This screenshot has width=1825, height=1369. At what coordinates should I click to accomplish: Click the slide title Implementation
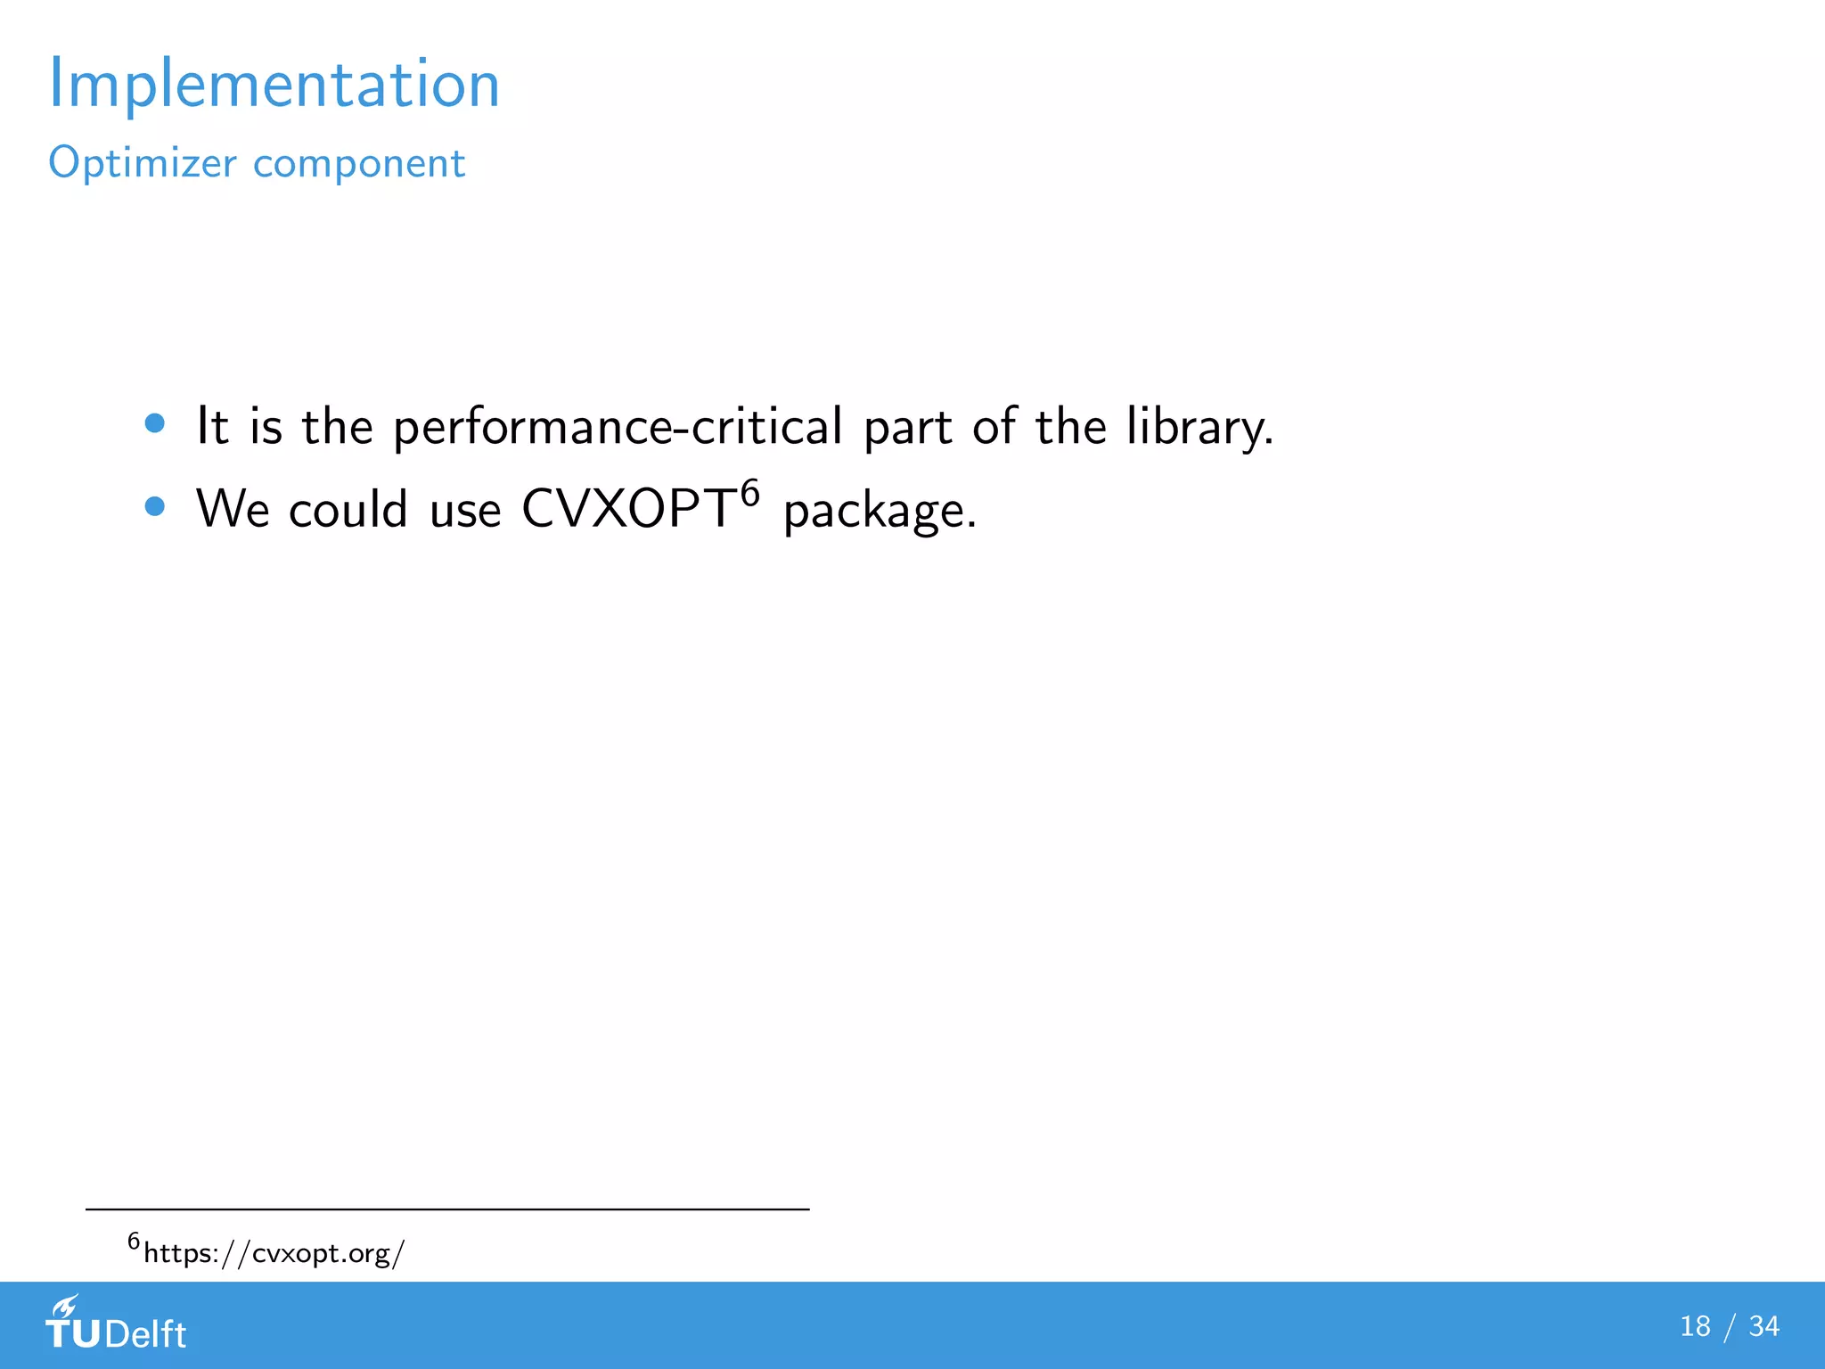click(274, 85)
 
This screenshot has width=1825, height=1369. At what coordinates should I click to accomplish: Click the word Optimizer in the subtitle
click(143, 163)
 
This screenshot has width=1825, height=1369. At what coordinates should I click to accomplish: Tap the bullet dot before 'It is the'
click(155, 423)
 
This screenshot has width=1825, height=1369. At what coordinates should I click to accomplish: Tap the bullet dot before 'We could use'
click(155, 506)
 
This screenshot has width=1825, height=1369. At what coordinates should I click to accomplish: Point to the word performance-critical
click(618, 427)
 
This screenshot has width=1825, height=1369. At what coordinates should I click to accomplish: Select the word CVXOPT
click(628, 510)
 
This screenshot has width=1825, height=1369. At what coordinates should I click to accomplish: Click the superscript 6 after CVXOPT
click(750, 492)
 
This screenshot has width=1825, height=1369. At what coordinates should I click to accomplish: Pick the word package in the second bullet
click(879, 512)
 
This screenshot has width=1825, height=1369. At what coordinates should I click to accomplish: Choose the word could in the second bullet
click(348, 510)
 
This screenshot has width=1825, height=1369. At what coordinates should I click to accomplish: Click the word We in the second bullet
click(233, 510)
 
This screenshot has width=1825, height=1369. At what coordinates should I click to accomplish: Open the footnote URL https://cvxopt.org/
click(274, 1253)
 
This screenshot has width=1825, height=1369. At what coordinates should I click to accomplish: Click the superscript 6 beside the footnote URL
click(134, 1241)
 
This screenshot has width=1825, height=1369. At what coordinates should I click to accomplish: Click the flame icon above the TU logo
click(65, 1306)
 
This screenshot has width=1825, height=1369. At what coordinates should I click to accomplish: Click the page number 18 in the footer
click(1695, 1326)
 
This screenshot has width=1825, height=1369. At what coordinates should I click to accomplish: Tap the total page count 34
click(1764, 1326)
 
